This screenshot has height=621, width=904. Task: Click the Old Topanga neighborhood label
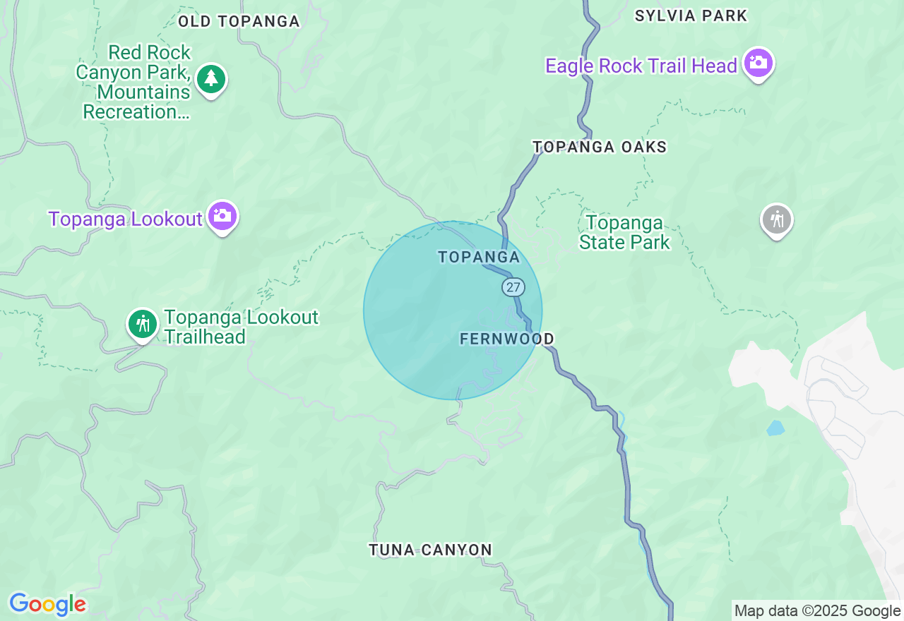point(239,21)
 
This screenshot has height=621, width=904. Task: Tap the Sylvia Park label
point(691,16)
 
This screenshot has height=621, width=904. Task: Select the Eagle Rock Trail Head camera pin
point(758,64)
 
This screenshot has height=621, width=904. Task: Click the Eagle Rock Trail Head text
point(641,66)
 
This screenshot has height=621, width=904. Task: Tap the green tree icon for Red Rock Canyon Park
point(210,78)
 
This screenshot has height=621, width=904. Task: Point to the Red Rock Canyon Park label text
point(136,82)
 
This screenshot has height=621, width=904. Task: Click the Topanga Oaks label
point(600,147)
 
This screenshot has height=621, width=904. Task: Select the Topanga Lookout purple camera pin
point(222,216)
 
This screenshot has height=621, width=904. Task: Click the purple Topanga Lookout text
point(125,219)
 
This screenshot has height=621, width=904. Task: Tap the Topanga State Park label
point(624,233)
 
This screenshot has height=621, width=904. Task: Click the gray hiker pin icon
point(776,219)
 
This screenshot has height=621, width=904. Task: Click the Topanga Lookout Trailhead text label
point(241,327)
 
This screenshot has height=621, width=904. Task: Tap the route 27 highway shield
point(513,287)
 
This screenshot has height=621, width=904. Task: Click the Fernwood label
point(506,339)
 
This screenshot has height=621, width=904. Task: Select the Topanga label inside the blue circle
point(479,257)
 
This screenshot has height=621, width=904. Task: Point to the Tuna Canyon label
point(430,550)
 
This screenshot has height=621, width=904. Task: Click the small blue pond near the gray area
point(775,428)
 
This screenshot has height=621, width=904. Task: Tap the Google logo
point(47,604)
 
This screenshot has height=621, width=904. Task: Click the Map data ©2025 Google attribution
point(817,611)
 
